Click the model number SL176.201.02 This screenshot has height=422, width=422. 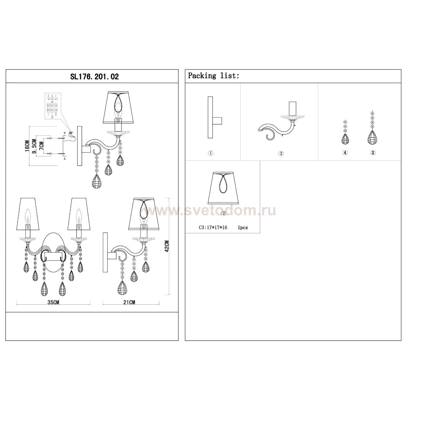click(x=95, y=77)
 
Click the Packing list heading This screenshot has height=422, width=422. click(x=214, y=76)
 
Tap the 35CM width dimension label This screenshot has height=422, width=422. click(x=53, y=302)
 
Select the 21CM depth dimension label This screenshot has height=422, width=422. click(x=129, y=302)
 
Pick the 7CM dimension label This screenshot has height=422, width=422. click(x=41, y=146)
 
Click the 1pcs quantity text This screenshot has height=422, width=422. click(x=243, y=227)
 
